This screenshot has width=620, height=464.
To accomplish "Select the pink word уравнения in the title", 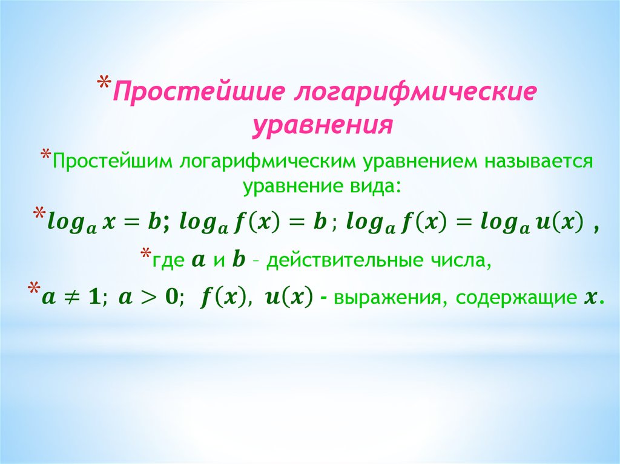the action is [x=323, y=126].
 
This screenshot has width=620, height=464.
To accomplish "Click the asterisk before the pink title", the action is [x=104, y=83].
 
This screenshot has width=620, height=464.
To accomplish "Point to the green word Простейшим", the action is [x=112, y=162].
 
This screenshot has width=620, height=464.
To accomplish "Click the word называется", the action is [x=539, y=162].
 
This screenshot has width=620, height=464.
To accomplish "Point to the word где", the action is [x=169, y=261].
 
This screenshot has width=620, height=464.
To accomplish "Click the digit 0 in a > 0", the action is [x=171, y=298].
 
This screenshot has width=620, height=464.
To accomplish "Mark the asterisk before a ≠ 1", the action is [x=34, y=288].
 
